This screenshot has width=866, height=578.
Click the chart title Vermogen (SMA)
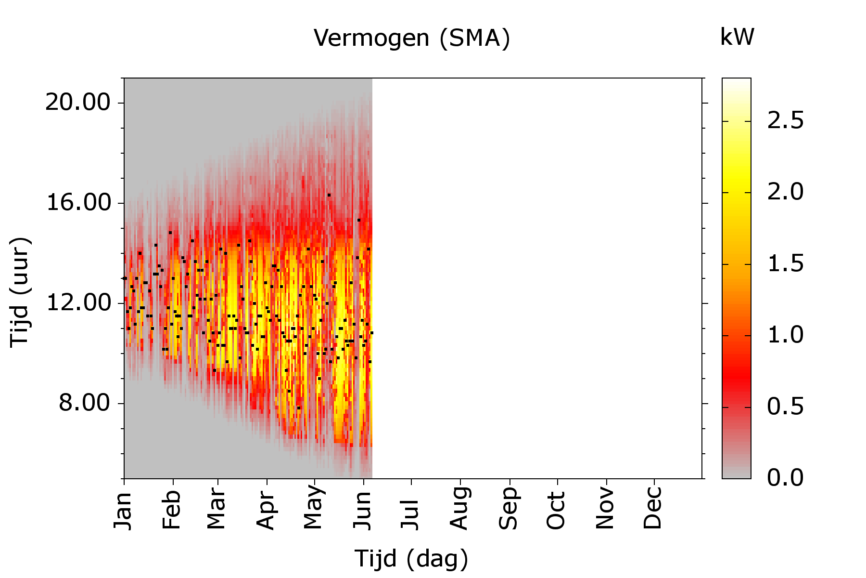click(412, 38)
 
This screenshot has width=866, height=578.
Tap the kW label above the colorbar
click(737, 37)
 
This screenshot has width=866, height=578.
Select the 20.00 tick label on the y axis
click(78, 103)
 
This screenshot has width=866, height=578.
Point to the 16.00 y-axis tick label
click(78, 203)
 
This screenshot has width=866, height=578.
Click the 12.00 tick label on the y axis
click(78, 303)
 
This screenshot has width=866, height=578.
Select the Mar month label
click(217, 509)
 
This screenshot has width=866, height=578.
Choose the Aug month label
click(460, 509)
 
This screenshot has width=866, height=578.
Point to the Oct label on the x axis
click(557, 510)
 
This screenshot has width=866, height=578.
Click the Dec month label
click(653, 509)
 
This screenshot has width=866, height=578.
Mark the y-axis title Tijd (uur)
click(20, 292)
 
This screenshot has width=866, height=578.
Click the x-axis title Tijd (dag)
click(412, 559)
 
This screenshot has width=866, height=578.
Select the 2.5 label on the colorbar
click(785, 120)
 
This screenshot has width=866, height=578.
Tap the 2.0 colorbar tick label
click(785, 192)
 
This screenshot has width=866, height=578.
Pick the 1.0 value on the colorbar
click(785, 335)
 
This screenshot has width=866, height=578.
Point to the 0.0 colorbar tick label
click(785, 478)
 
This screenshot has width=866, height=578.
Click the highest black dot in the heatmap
click(329, 195)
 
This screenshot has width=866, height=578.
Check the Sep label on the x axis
click(509, 509)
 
